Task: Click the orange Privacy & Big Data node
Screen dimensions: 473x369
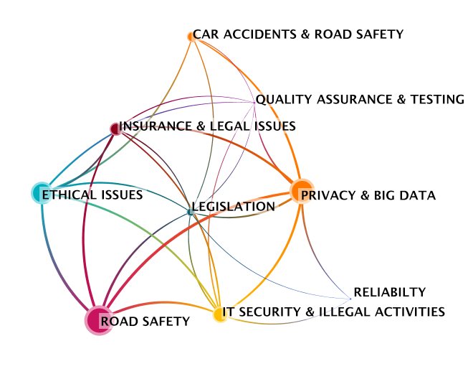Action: pos(301,191)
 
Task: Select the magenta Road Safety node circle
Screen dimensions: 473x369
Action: pos(99,320)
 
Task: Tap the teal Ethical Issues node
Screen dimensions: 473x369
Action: pos(42,193)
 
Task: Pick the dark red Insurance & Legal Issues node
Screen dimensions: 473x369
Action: pos(115,129)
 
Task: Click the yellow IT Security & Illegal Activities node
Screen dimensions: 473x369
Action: pos(220,314)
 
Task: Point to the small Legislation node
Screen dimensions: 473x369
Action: pos(191,212)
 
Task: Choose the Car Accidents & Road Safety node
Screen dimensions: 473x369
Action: pos(191,37)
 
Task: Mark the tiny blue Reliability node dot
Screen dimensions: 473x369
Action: pos(350,299)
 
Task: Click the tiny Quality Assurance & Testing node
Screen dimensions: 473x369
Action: pos(254,103)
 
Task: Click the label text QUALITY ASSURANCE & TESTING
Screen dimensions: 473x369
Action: pos(360,99)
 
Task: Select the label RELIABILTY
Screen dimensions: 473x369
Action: pos(389,292)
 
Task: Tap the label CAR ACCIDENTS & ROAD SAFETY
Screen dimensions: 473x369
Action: pos(298,34)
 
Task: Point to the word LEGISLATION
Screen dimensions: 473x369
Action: pos(233,207)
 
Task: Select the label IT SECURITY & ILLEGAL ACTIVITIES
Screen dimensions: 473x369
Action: pos(333,312)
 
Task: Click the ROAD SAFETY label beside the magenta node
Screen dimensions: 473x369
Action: pos(145,321)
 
